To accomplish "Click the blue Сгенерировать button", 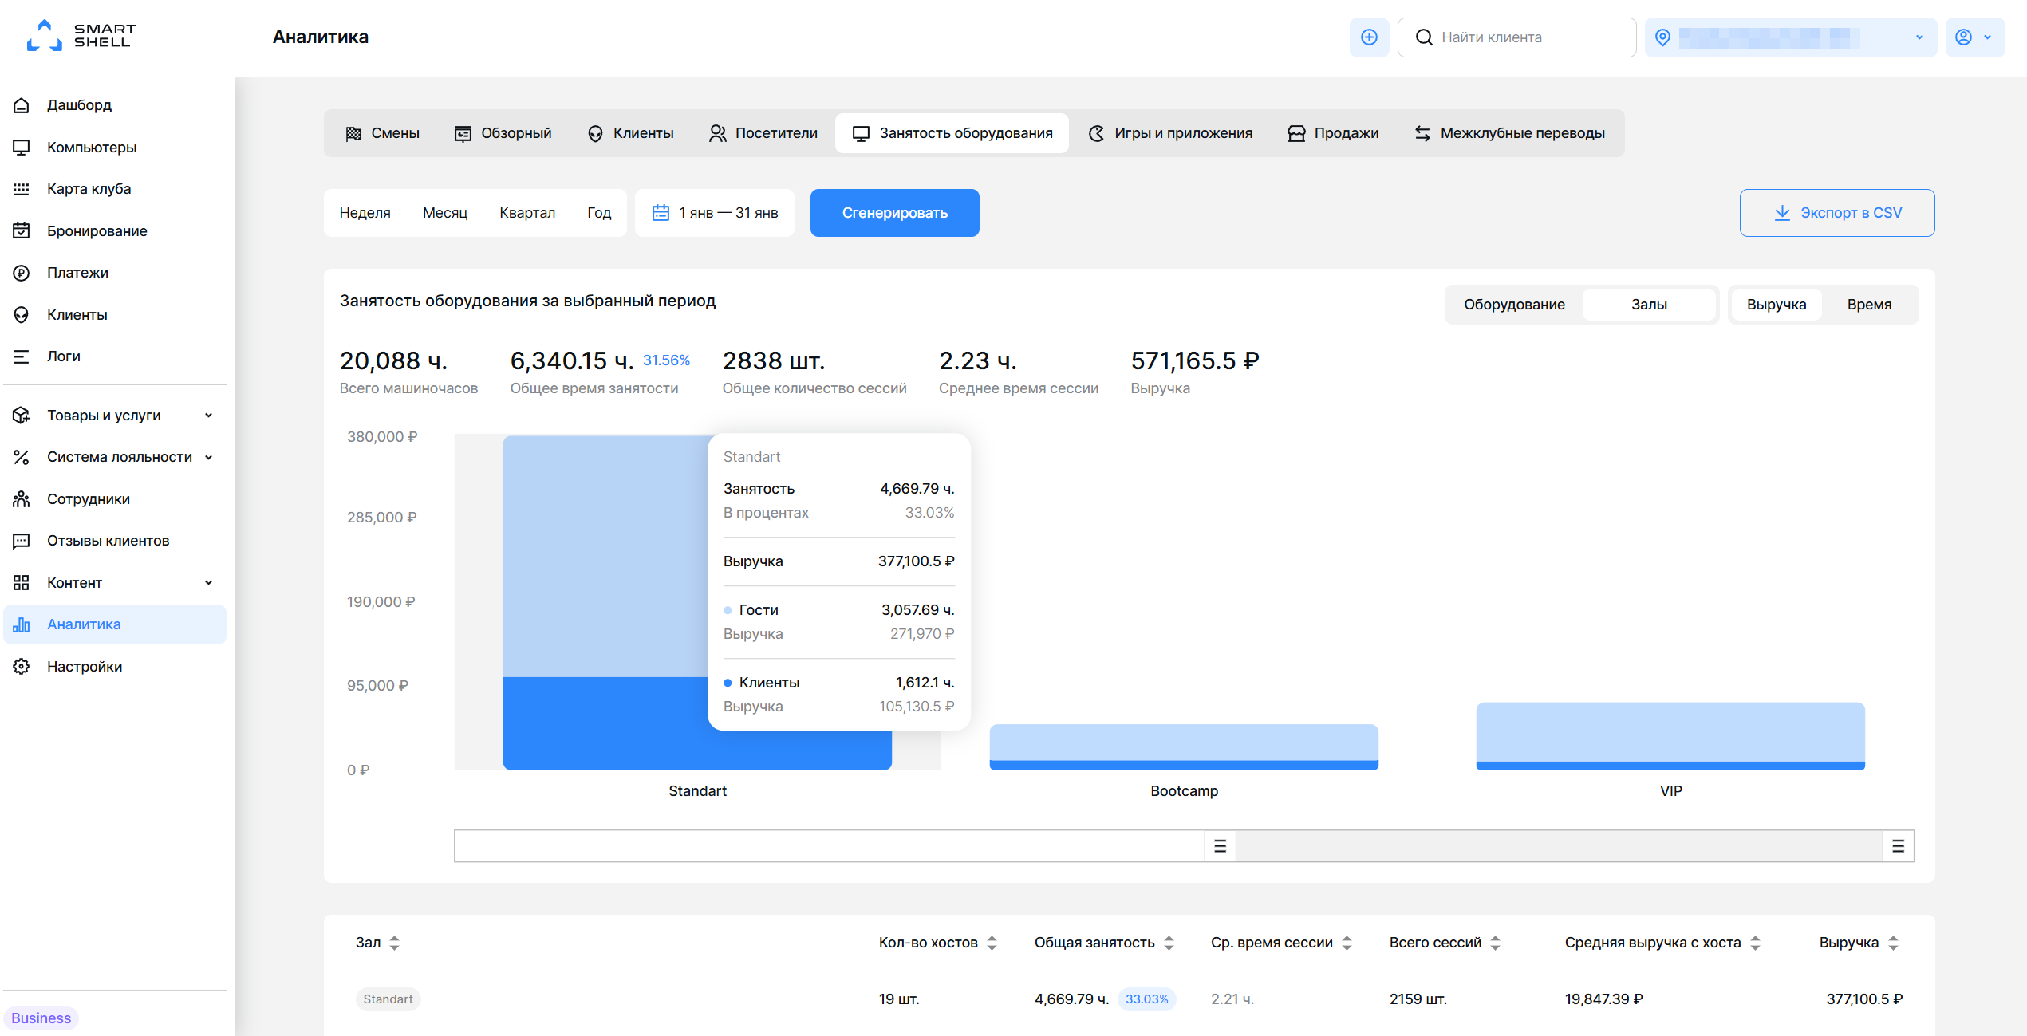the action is tap(894, 213).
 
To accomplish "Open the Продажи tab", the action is tap(1333, 133).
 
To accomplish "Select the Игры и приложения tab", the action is tap(1170, 133).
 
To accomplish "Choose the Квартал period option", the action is tap(527, 213).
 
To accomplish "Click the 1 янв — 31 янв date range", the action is tap(715, 213).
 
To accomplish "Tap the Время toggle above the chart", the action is tap(1869, 305).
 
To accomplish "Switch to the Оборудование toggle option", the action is tap(1514, 305).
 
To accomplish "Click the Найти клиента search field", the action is tap(1516, 37).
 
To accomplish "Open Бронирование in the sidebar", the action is tap(97, 231).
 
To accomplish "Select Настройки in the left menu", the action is tap(85, 667).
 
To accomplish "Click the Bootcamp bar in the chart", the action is tap(1184, 747).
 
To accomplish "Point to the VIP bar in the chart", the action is tap(1670, 736).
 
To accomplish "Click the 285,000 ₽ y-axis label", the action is tap(382, 518).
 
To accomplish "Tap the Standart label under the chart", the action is tap(697, 791).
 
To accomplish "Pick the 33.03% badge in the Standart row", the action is tap(1146, 999).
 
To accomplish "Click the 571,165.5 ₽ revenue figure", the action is tap(1195, 361).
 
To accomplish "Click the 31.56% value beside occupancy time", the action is tap(666, 360).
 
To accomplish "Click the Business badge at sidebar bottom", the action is tap(41, 1018).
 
